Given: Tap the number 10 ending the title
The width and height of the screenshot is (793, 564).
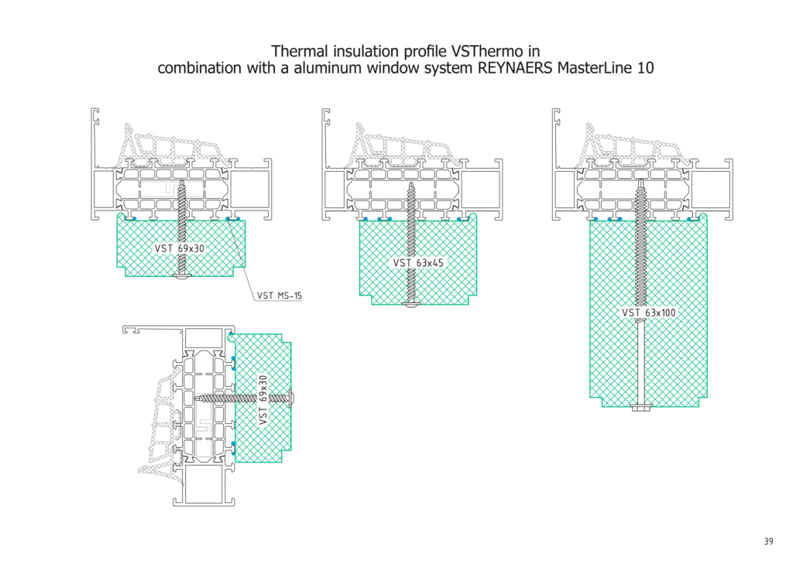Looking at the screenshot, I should [644, 67].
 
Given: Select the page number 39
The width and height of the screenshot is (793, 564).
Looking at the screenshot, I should [768, 542].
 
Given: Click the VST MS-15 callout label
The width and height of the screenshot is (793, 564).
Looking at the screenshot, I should [279, 296].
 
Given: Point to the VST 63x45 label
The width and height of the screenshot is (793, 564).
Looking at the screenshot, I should [418, 263].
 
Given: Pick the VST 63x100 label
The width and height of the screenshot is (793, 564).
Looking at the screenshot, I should [649, 313].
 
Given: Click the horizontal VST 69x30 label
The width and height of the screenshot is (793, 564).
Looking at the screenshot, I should [180, 248].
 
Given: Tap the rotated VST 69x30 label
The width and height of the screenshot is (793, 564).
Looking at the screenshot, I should [263, 399].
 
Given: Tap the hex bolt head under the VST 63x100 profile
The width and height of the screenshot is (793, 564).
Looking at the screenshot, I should [642, 408].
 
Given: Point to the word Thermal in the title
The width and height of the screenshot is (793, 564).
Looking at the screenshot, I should [300, 52].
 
